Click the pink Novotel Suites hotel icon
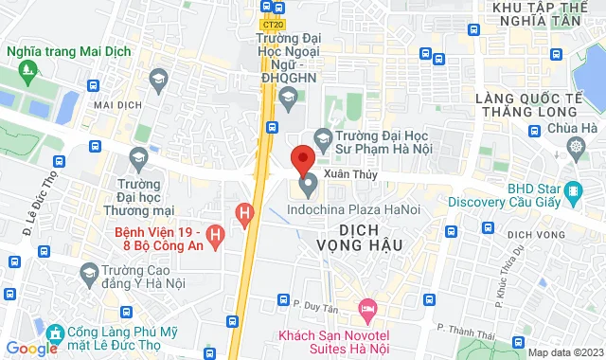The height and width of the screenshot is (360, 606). (365, 309)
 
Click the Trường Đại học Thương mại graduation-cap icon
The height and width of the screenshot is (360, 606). (139, 156)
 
